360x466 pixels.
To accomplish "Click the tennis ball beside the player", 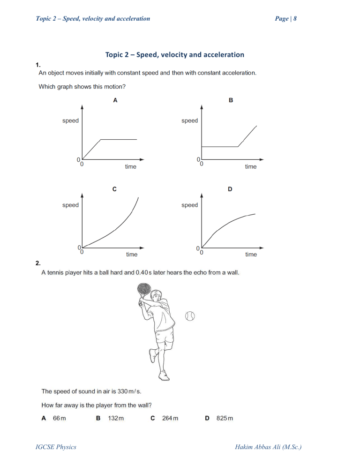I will [190, 316].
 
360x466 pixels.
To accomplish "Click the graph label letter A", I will [115, 100].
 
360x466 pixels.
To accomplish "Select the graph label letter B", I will [231, 100].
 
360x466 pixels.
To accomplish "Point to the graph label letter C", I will [115, 189].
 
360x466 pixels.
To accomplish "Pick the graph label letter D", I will [230, 189].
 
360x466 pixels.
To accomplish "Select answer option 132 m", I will [116, 418].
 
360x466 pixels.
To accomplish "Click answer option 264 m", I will [170, 418].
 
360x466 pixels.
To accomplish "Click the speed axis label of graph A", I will [70, 121].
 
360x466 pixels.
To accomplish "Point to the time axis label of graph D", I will [251, 255].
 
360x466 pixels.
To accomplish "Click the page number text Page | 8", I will [283, 19].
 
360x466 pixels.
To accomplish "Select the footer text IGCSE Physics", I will [56, 447].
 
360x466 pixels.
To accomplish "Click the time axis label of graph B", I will [251, 167].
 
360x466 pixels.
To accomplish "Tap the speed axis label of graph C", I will [70, 205].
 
